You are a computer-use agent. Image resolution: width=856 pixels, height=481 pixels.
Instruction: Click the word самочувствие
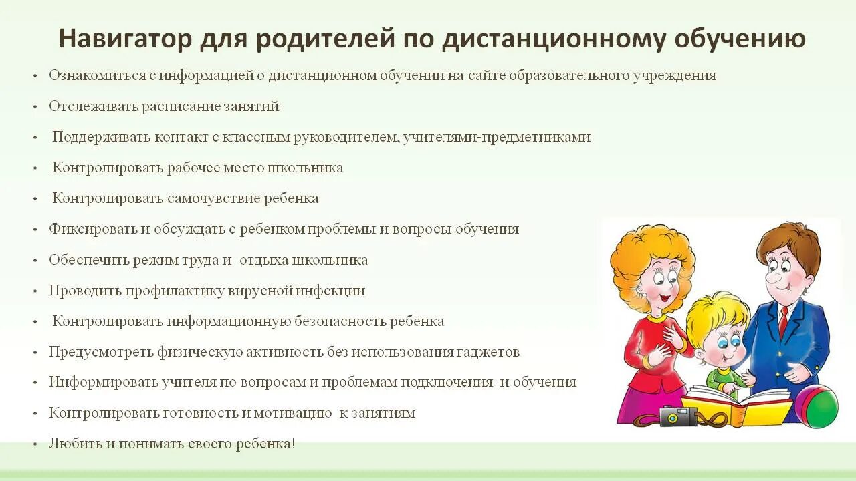point(214,198)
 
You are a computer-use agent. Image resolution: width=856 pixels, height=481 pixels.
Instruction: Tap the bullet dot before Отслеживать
point(35,107)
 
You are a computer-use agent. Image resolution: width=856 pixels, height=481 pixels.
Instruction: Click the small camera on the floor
point(678,416)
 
